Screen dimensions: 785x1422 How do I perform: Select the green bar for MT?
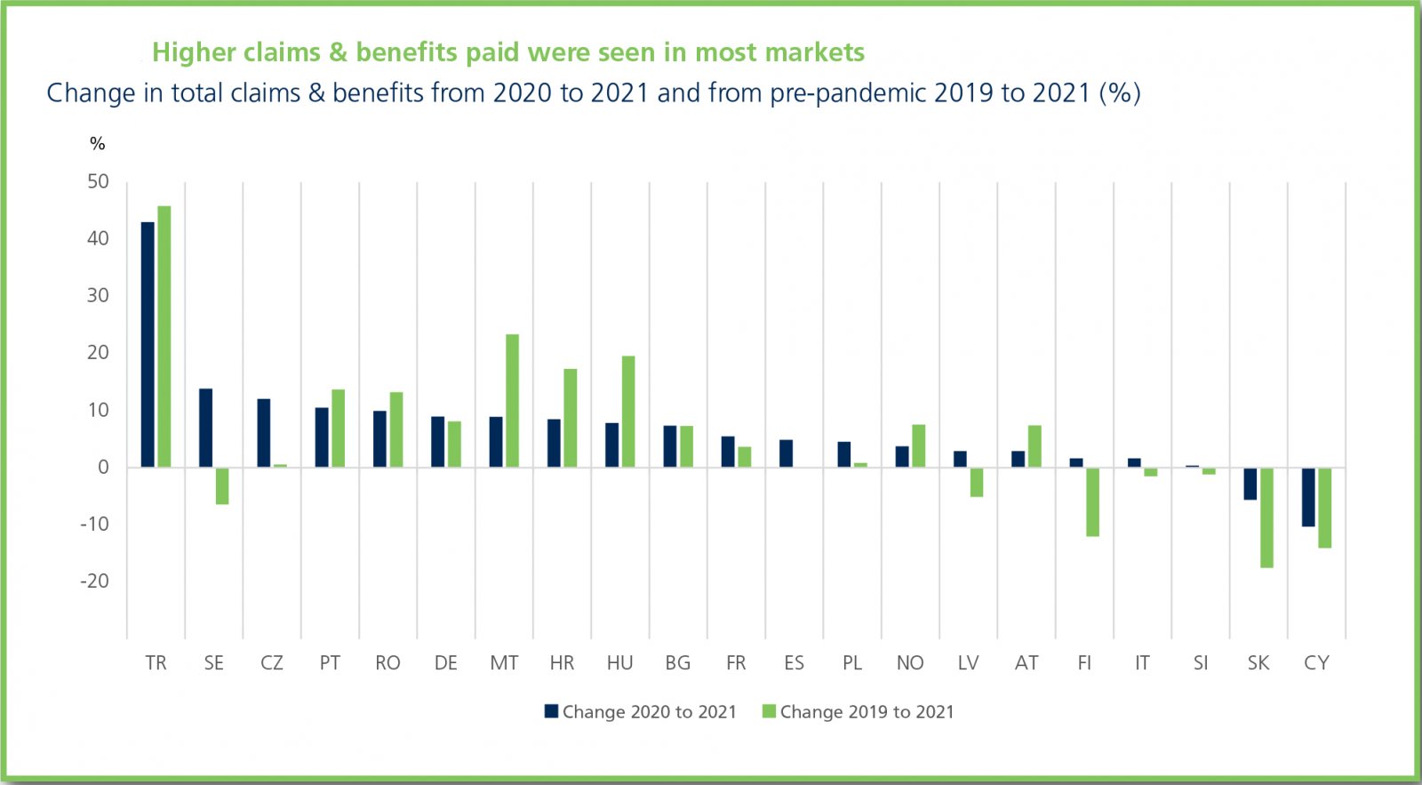(x=512, y=401)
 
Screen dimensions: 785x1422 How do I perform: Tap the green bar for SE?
(x=222, y=486)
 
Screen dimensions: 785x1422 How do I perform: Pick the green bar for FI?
(x=1092, y=502)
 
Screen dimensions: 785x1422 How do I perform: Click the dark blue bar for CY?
(x=1308, y=497)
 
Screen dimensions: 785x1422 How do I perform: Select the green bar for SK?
(x=1266, y=517)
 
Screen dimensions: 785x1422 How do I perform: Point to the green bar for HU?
(x=628, y=412)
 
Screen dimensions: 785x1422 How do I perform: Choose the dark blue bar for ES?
(x=786, y=453)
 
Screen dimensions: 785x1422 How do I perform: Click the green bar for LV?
(x=977, y=482)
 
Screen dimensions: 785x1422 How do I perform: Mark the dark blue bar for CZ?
(x=264, y=433)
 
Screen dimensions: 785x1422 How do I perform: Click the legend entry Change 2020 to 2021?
(x=641, y=712)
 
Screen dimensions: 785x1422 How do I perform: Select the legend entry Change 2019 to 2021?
(x=859, y=712)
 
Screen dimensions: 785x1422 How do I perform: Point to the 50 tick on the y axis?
(x=98, y=182)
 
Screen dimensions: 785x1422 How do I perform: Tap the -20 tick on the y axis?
(x=94, y=581)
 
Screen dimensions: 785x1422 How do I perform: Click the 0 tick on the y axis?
(x=103, y=468)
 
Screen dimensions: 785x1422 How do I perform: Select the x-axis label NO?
(x=910, y=663)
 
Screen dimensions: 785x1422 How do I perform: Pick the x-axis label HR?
(x=562, y=663)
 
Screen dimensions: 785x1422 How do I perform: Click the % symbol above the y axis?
(x=98, y=144)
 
